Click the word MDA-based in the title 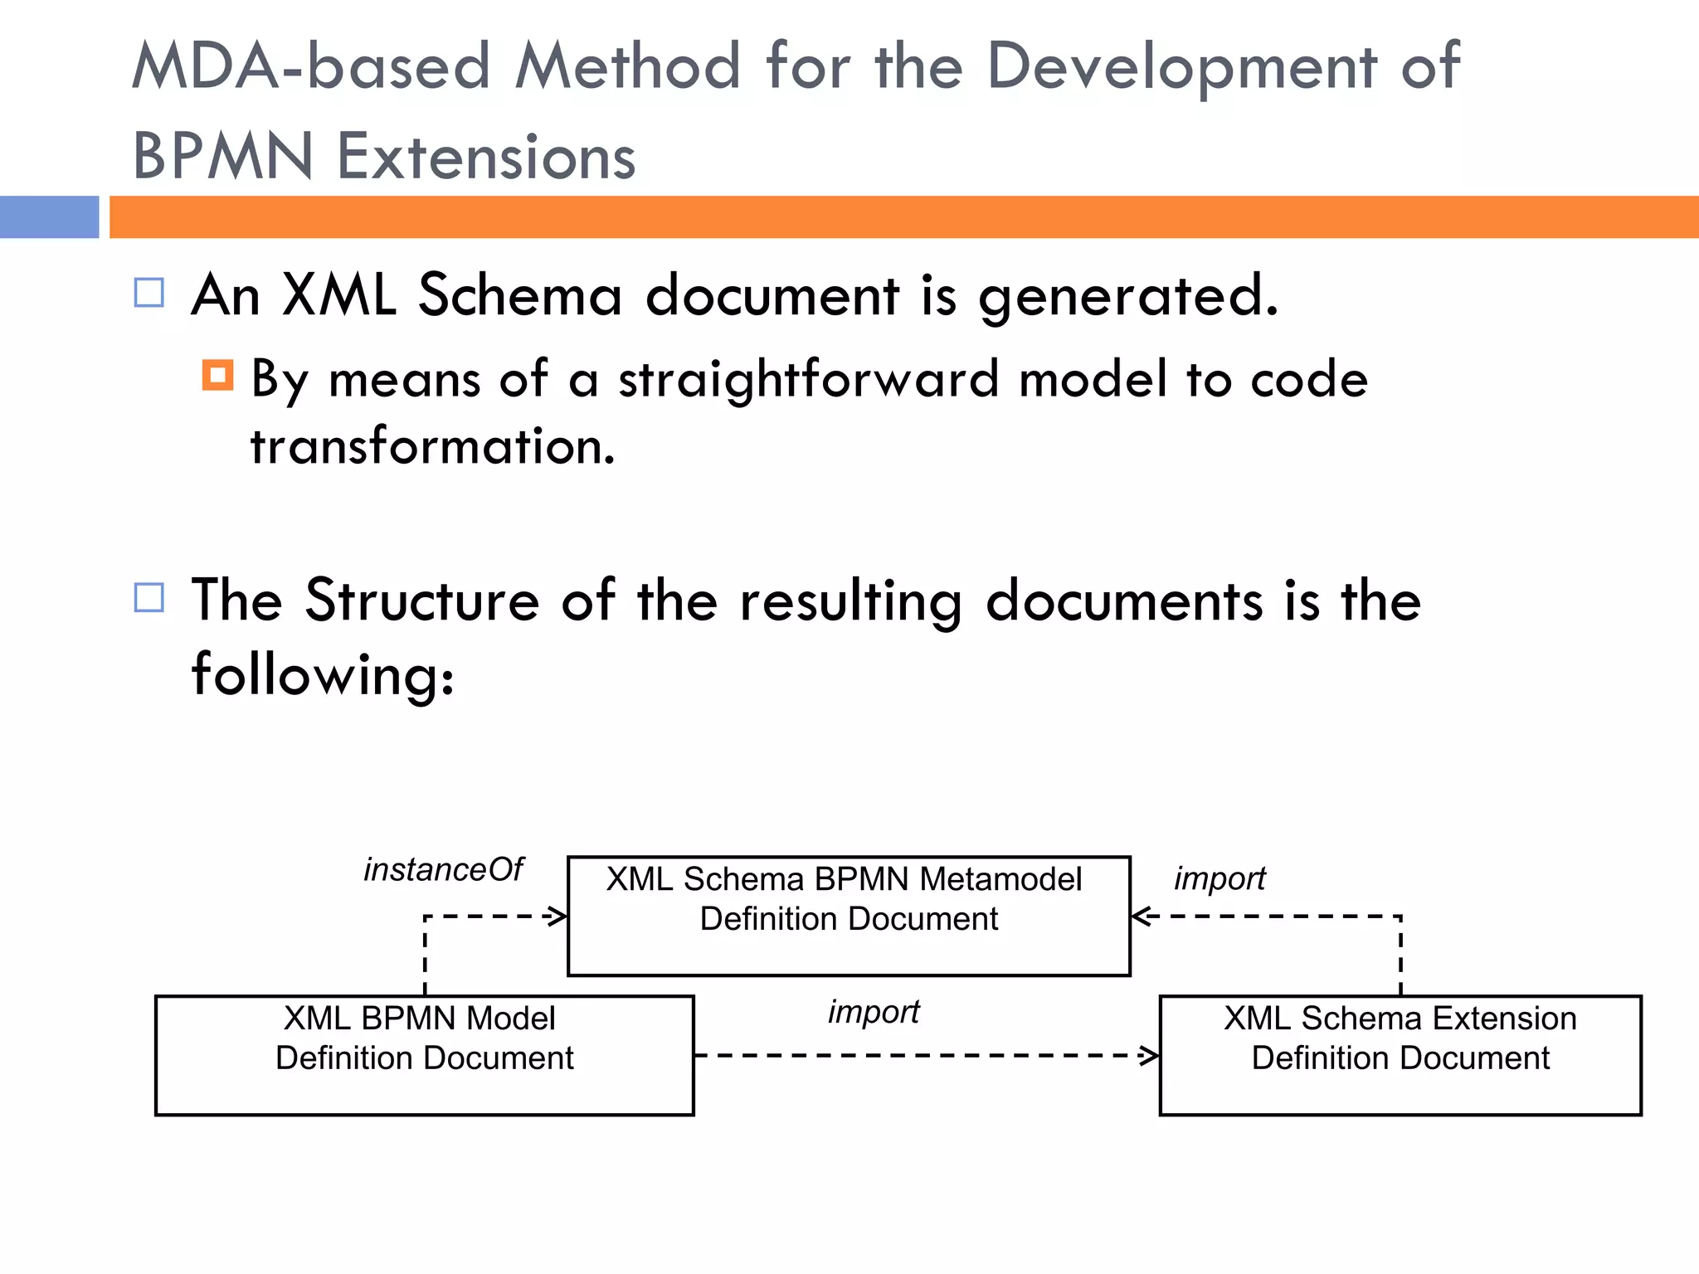point(312,66)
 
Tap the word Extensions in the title point(487,157)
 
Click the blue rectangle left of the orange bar point(49,217)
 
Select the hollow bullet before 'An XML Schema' point(149,293)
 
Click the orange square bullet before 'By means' point(217,375)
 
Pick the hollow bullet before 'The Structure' point(149,597)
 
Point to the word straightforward point(808,380)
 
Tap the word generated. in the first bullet point(1127,297)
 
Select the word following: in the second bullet point(323,674)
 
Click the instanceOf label point(443,870)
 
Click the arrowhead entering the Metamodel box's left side point(559,917)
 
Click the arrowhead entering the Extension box point(1151,1056)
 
